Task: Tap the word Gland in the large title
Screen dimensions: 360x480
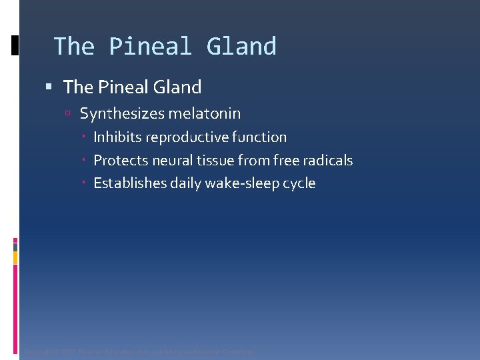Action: pyautogui.click(x=241, y=47)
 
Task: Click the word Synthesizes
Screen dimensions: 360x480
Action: pyautogui.click(x=122, y=114)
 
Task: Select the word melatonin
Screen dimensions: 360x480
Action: pyautogui.click(x=205, y=114)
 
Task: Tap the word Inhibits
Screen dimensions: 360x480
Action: pyautogui.click(x=117, y=137)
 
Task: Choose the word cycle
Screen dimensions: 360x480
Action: pyautogui.click(x=299, y=183)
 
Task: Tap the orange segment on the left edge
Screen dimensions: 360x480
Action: pyautogui.click(x=15, y=257)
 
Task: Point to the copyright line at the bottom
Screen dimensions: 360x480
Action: pyautogui.click(x=139, y=352)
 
